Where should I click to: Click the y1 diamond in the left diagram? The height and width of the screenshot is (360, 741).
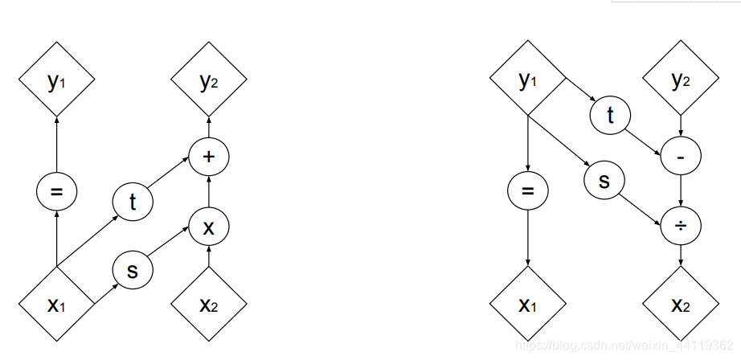click(56, 80)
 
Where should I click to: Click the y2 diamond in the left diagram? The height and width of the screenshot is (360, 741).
click(209, 80)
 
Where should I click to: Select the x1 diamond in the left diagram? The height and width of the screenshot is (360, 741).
click(56, 305)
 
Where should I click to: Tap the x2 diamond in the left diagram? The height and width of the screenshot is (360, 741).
click(209, 305)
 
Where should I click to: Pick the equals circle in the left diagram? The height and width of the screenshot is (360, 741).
click(56, 192)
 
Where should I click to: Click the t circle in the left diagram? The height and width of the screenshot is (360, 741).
click(133, 202)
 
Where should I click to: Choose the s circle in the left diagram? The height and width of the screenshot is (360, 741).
click(133, 270)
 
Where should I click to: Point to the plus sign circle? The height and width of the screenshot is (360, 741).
click(209, 157)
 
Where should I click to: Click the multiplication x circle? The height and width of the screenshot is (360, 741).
click(209, 227)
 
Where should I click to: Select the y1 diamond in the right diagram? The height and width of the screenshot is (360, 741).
click(527, 80)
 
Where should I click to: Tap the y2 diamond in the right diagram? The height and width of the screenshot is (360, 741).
click(681, 80)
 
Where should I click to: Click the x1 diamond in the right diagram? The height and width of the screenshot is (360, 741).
click(527, 305)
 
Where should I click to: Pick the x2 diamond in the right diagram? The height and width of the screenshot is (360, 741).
click(681, 305)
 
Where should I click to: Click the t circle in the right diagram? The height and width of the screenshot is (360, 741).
click(610, 115)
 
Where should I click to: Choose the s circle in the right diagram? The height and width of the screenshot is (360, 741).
click(604, 180)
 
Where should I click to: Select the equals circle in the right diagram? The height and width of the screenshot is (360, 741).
click(527, 192)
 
